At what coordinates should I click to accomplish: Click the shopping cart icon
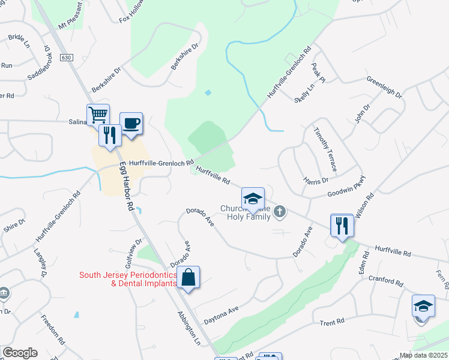coord(98,114)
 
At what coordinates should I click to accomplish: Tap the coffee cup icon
coord(131,124)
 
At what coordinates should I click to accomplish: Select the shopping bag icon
coord(188,277)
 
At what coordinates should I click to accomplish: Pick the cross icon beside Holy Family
coord(279,211)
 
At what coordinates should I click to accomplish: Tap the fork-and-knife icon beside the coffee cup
coord(110,134)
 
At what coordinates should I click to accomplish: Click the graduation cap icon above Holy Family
coord(253,199)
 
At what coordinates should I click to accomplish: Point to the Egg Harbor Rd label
coord(126,185)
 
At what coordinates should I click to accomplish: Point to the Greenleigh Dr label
coord(384,88)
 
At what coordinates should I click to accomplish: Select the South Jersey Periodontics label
coord(128,279)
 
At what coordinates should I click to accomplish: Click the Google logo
coord(19,353)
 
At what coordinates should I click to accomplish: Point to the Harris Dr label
coord(316,180)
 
